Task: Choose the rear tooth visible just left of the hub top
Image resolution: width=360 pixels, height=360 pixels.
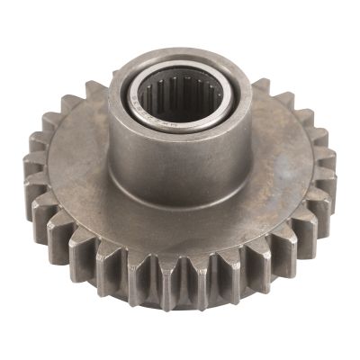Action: pos(94,90)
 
